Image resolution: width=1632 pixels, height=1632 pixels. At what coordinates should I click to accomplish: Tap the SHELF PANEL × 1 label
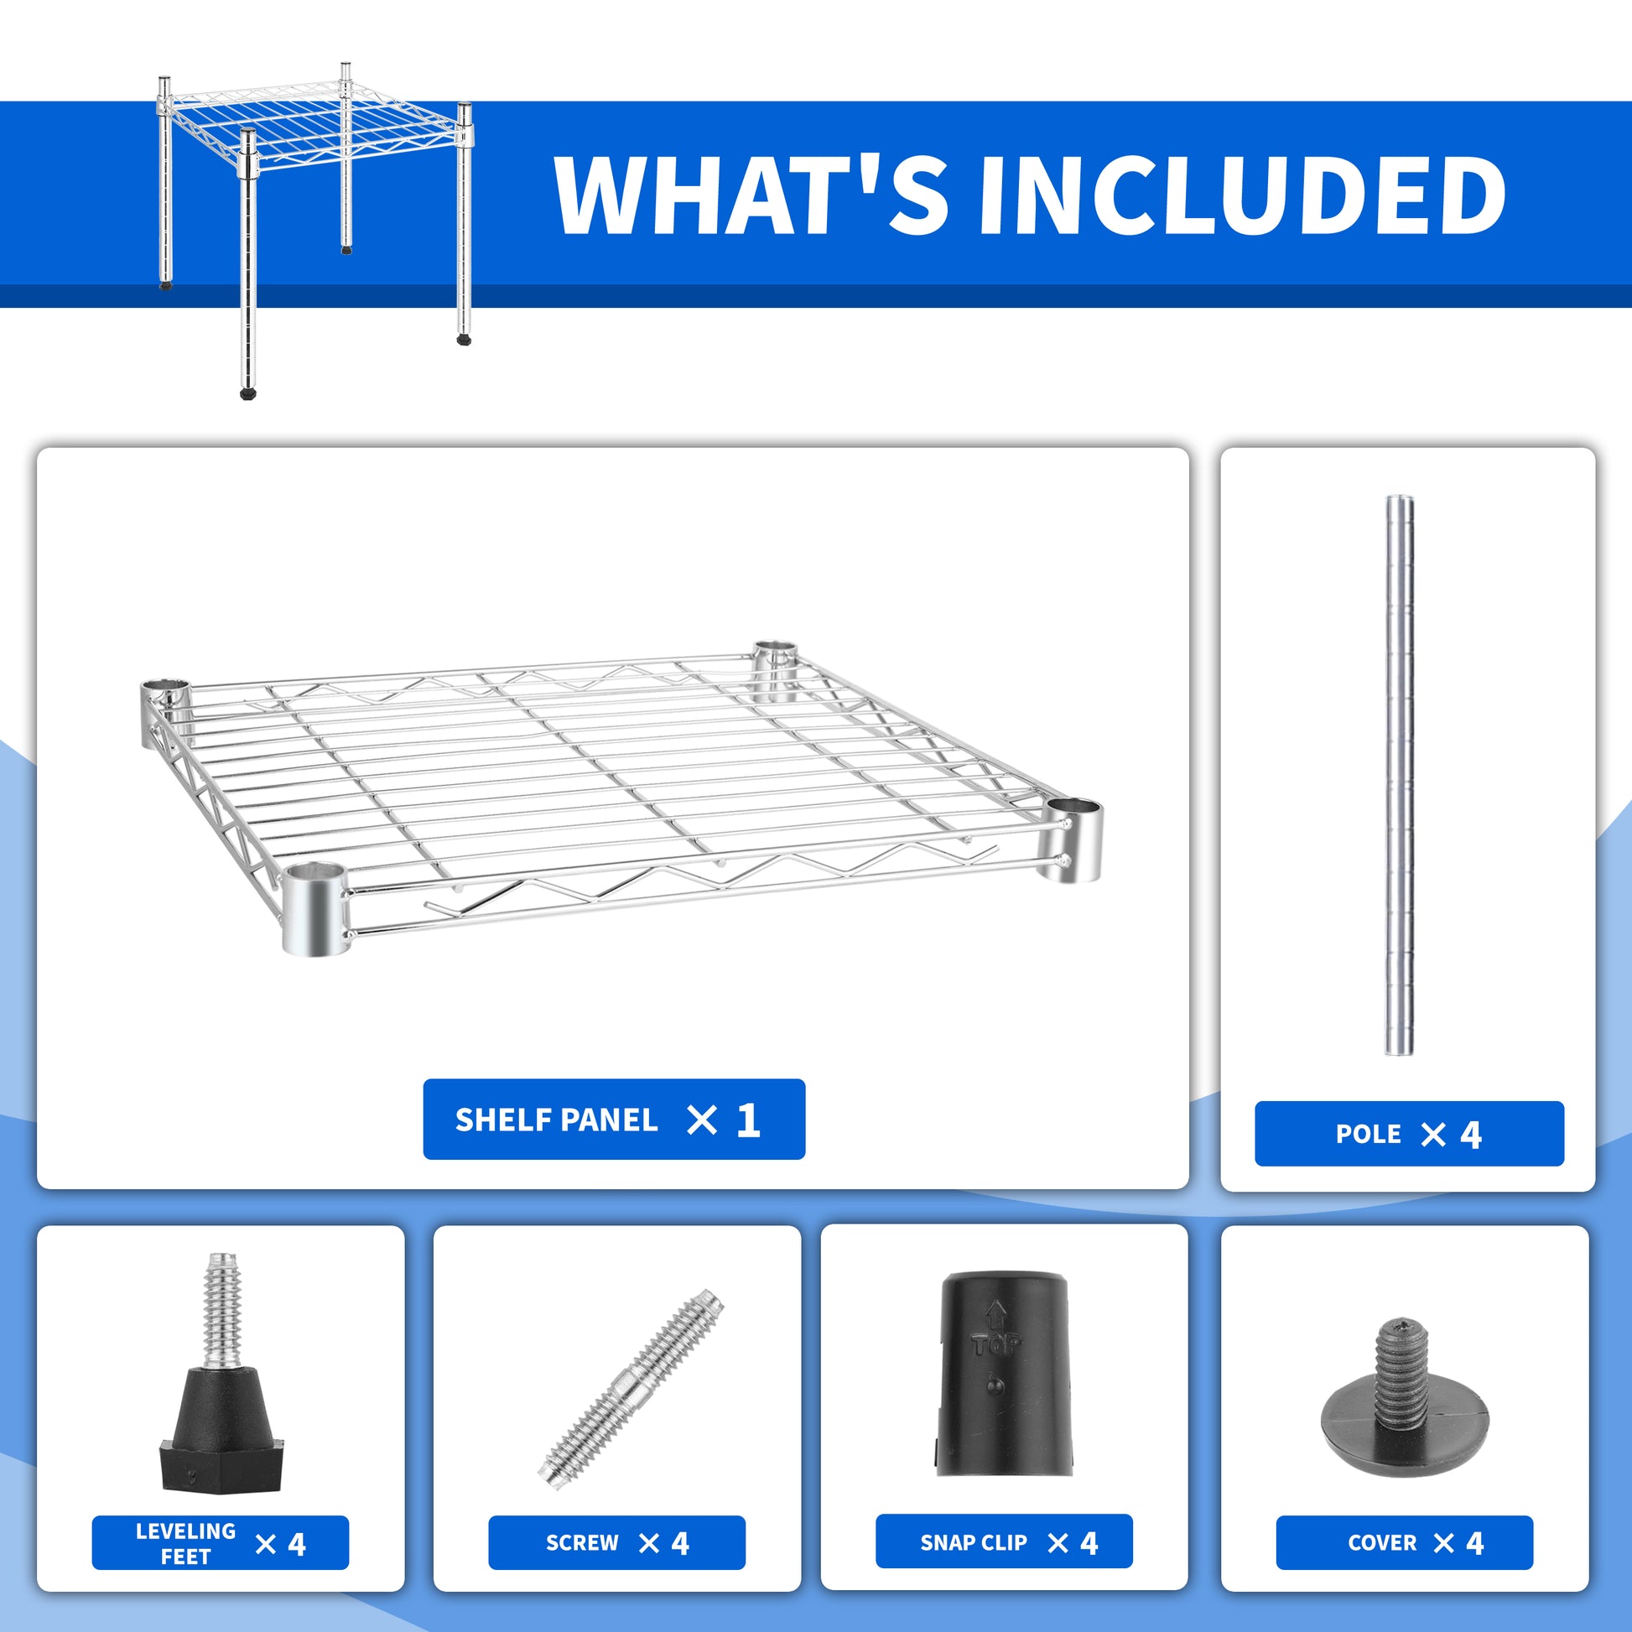coord(613,1120)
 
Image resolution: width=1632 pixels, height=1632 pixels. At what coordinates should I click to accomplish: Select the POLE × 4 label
coord(1408,1134)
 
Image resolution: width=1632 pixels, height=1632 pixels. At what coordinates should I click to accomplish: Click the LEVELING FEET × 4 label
coord(220,1543)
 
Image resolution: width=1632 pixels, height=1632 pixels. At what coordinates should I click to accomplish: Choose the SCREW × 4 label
coord(616,1543)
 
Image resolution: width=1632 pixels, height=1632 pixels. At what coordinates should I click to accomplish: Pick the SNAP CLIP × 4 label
coord(1004,1542)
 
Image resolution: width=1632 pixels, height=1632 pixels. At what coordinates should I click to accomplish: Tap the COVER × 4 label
coord(1404,1542)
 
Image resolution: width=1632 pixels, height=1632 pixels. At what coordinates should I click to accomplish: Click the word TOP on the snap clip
coord(997,1344)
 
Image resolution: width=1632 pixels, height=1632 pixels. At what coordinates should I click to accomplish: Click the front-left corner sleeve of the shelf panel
coord(314,910)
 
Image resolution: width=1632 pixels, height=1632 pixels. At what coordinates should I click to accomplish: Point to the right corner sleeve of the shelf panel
coord(1073,839)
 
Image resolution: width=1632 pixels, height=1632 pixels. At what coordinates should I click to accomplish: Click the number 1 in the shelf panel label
coord(748,1120)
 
